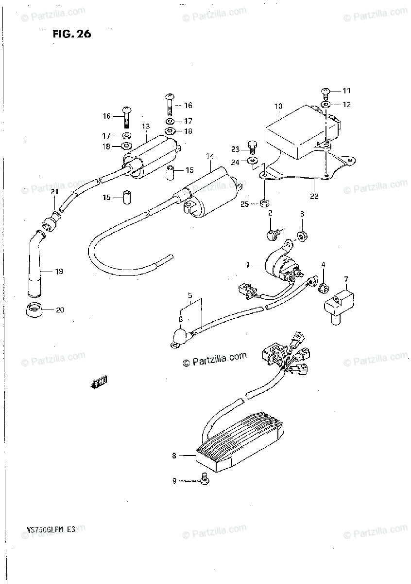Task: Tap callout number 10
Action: pos(278,106)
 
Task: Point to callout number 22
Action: pos(314,196)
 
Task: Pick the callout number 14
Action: pos(210,156)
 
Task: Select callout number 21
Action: pos(54,193)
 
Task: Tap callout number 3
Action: pos(302,214)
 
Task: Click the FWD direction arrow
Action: pos(99,383)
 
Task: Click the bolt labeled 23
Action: pos(252,146)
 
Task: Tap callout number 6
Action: pos(180,319)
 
